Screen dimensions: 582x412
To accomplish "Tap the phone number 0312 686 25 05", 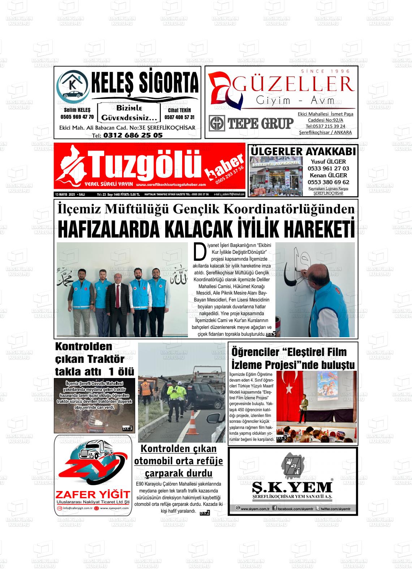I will (x=133, y=135).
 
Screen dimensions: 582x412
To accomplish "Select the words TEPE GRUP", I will (x=260, y=123).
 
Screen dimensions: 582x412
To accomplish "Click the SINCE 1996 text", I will (x=325, y=71).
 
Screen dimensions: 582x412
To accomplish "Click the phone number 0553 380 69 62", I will (x=328, y=182).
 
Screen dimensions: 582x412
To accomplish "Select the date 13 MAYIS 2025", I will (x=65, y=194).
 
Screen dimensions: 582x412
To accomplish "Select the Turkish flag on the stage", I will (x=288, y=386).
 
